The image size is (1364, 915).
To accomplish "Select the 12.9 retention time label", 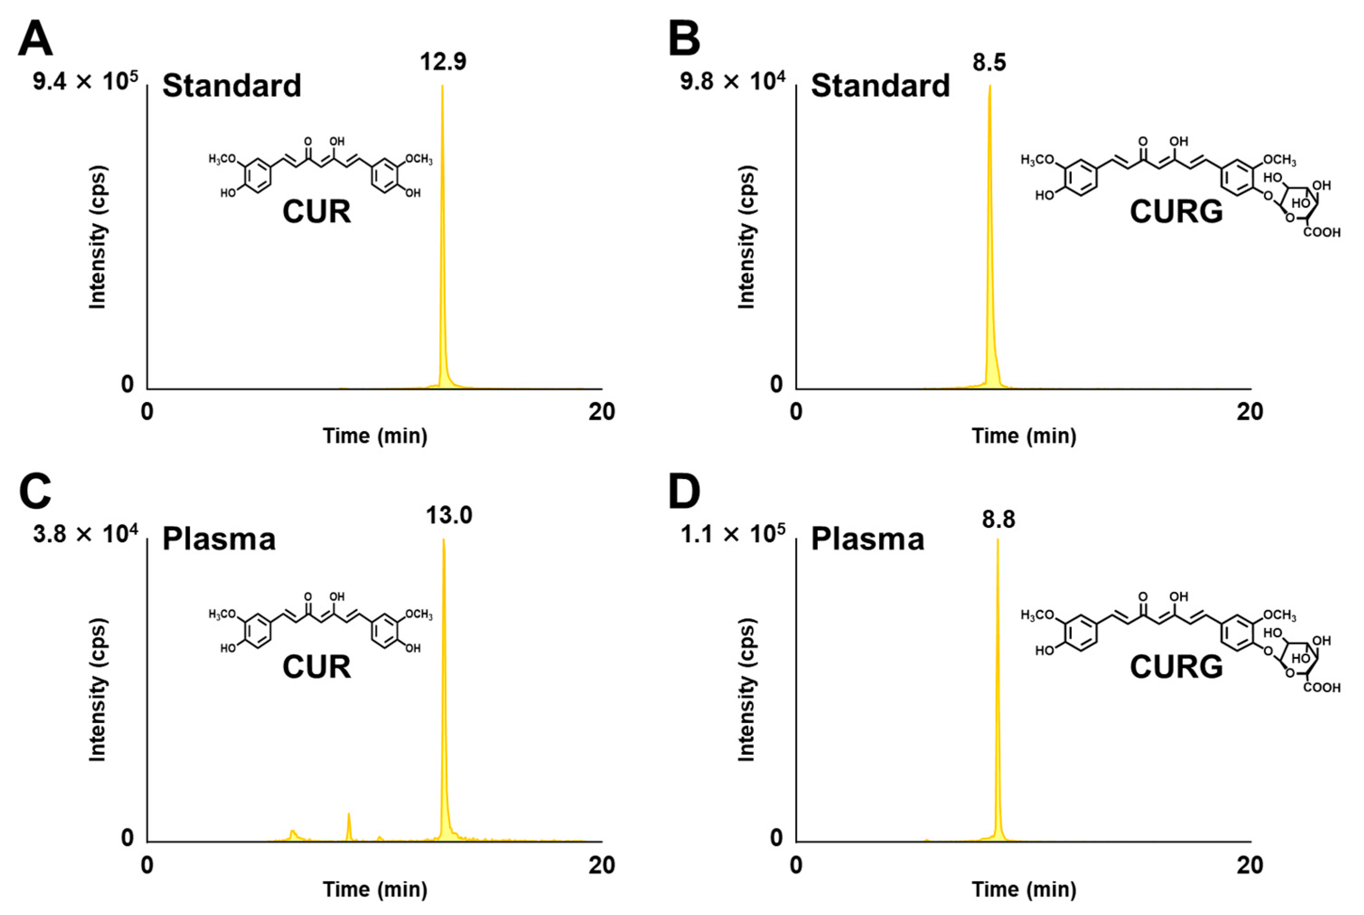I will (x=443, y=62).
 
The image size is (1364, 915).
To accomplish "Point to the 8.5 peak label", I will (x=989, y=62).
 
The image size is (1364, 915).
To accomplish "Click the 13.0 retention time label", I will (x=448, y=515).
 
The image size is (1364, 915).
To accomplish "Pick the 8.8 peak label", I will (x=998, y=519).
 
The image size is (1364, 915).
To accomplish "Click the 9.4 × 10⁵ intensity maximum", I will (x=85, y=81).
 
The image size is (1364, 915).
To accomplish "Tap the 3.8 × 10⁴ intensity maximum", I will (x=85, y=534).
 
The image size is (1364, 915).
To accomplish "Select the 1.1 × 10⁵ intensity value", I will (x=733, y=534).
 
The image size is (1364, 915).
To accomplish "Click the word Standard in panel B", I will (x=880, y=86).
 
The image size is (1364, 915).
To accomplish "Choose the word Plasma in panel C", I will (x=219, y=539).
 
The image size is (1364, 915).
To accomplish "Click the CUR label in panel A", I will (x=317, y=211).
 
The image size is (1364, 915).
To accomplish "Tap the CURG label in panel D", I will (x=1176, y=666).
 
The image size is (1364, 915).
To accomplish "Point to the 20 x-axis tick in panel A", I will (x=601, y=412).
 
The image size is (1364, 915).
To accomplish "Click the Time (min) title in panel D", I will (x=1023, y=889).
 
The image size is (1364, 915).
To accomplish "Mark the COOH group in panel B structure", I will (x=1322, y=232).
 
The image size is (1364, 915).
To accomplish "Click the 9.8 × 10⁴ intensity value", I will (x=733, y=81).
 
